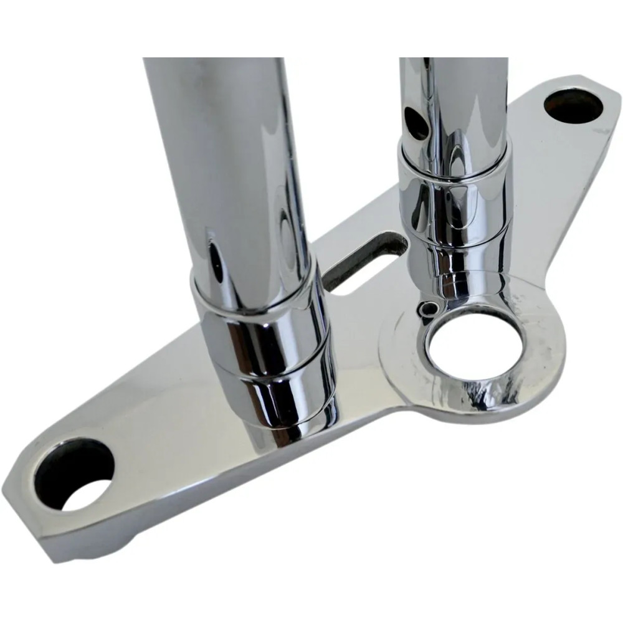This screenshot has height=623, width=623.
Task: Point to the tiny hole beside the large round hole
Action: pyautogui.click(x=427, y=308)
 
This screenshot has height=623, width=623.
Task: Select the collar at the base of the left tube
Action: pyautogui.click(x=268, y=355)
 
